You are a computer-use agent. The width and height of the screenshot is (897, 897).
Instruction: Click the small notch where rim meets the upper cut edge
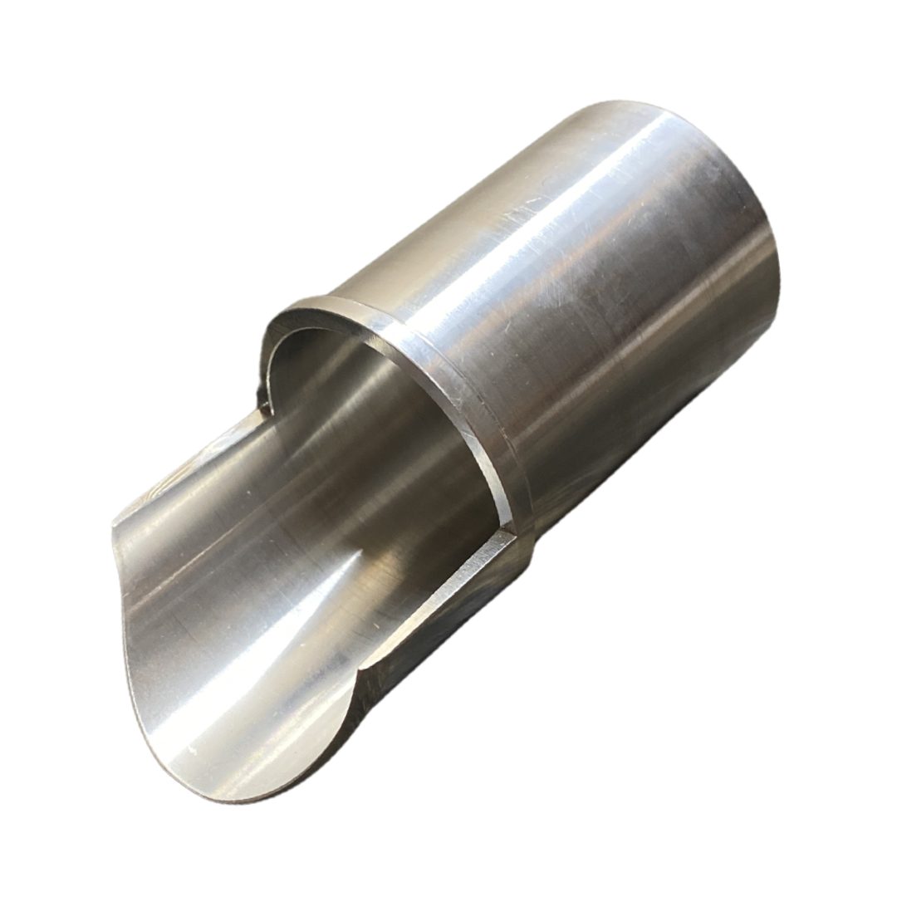click(264, 404)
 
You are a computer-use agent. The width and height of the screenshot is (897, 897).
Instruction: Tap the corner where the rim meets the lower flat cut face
click(508, 532)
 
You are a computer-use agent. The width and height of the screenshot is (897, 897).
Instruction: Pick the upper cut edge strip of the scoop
click(199, 465)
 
